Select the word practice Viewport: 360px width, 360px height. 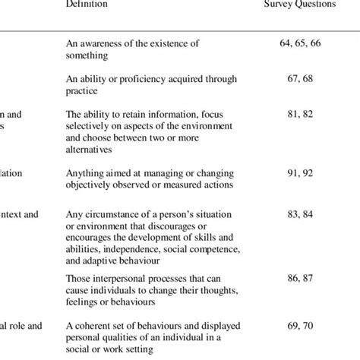84,90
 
